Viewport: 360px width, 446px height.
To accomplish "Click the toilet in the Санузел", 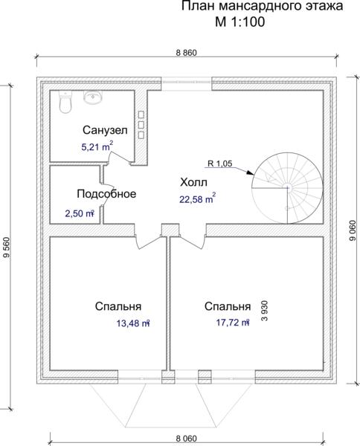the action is (65, 102).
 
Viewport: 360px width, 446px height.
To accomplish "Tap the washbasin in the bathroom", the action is (93, 97).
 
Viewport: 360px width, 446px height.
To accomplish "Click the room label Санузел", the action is (105, 130).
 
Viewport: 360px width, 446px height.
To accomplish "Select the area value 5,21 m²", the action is (97, 146).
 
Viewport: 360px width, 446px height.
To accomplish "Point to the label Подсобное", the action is (106, 194).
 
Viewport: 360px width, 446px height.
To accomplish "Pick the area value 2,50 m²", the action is (80, 213).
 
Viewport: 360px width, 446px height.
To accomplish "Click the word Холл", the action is (193, 182).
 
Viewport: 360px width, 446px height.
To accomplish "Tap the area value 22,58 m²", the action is (197, 198).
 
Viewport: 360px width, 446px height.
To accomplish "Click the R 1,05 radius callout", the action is (220, 164).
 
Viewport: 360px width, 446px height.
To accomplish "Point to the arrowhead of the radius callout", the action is (250, 172).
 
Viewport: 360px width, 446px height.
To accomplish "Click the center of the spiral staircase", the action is (287, 187).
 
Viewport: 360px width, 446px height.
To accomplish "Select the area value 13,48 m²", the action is (133, 323).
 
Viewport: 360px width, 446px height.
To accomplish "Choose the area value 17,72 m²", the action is (233, 323).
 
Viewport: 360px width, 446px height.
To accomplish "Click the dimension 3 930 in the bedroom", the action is (265, 311).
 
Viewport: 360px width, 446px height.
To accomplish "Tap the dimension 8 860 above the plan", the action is (187, 53).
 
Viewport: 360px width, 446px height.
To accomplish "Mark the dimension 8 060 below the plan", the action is (187, 439).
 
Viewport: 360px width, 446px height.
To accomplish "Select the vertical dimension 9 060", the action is (353, 230).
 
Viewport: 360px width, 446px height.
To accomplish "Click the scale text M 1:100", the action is (240, 22).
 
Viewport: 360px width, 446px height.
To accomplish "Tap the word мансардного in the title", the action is (257, 6).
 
